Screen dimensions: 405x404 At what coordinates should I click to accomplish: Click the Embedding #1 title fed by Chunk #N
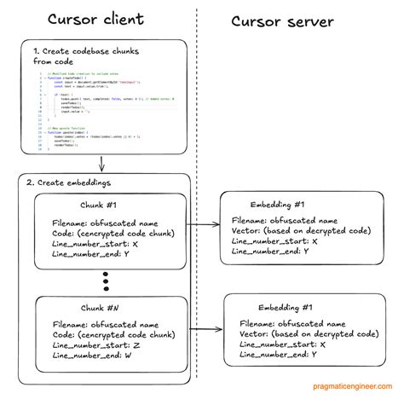point(289,305)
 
